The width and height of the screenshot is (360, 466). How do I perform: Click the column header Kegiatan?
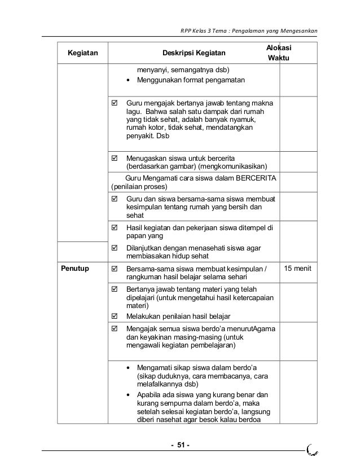(x=82, y=54)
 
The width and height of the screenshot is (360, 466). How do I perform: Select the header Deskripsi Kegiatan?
(x=194, y=54)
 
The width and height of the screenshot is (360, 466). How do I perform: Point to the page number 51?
(x=180, y=448)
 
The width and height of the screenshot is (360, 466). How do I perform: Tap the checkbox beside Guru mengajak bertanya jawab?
(x=115, y=104)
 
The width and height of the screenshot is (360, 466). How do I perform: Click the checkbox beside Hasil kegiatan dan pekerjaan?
(x=115, y=228)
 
